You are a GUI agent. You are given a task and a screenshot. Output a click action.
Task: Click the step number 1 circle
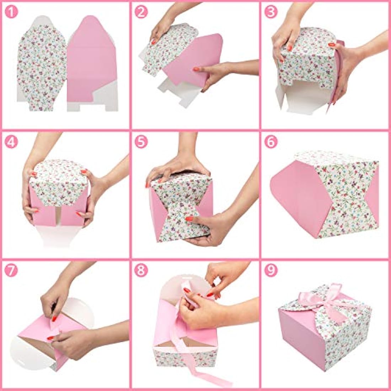12,12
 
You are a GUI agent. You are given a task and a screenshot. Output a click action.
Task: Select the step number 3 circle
271,12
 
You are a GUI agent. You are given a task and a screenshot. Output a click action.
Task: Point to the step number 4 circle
12,142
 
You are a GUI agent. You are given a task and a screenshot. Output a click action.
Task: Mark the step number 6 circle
271,142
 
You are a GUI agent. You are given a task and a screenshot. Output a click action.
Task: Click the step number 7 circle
12,271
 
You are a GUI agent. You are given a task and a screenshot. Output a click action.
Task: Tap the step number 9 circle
271,271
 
